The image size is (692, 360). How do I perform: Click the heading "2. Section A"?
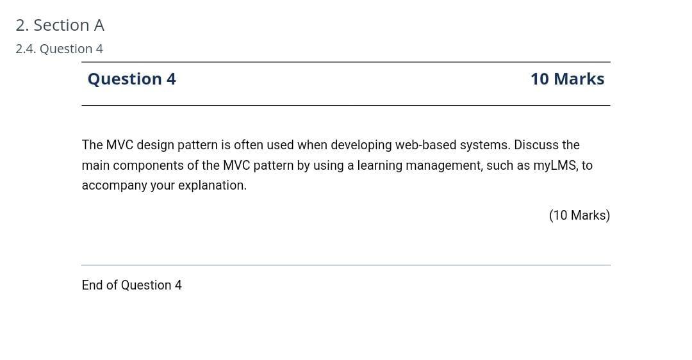(x=60, y=25)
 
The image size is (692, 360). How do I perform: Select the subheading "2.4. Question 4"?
(x=59, y=49)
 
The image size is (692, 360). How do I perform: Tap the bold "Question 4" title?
(x=131, y=79)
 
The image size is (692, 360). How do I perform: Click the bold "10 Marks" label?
(x=567, y=79)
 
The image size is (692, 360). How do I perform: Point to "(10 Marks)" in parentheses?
(x=579, y=215)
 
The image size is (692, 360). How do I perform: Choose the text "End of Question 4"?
(x=131, y=285)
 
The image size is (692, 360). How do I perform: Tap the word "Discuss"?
(x=537, y=145)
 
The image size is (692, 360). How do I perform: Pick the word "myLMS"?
(x=555, y=165)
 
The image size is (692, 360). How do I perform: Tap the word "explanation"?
(x=212, y=185)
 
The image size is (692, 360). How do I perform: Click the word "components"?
(x=149, y=165)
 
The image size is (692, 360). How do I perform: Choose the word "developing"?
(x=361, y=145)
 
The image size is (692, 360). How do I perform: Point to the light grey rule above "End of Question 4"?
(x=346, y=265)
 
